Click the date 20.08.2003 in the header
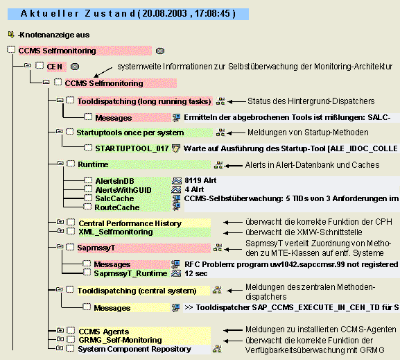coord(164,14)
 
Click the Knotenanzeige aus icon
coord(11,34)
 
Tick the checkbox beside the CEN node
coord(40,66)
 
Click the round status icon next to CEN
coord(75,67)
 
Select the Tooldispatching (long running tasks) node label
coord(144,101)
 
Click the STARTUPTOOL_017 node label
coord(132,148)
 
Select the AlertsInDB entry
coord(114,181)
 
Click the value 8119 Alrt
coord(200,180)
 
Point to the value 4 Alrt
coord(194,189)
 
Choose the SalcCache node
coord(114,198)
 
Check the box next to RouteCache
coord(87,206)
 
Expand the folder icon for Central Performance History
coord(60,221)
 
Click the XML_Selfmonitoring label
coord(116,232)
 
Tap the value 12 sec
coord(196,273)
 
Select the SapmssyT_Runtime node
coord(130,273)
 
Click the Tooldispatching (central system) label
coord(137,291)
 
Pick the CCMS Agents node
coord(104,332)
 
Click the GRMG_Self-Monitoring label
coord(120,340)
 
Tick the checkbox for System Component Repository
coord(70,348)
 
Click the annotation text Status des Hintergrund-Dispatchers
coord(311,101)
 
